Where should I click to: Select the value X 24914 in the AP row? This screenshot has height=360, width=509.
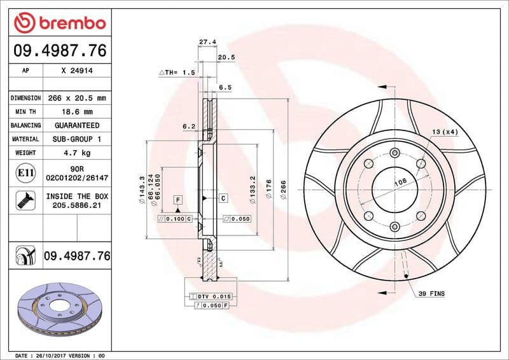click(76, 71)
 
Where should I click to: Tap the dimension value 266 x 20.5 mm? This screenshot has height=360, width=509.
click(76, 98)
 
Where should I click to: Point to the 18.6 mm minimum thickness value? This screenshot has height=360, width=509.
click(76, 111)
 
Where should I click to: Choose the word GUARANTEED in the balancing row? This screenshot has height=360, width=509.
click(76, 125)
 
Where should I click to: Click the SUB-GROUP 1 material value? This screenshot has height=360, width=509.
click(76, 139)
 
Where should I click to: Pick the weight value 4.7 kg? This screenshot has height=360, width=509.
click(76, 153)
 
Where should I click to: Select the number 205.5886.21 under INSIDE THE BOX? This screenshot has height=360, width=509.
click(76, 206)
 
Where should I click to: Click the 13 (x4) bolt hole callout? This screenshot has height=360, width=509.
click(445, 132)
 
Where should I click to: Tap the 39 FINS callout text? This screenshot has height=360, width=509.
click(431, 294)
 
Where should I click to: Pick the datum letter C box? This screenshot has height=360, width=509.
click(223, 198)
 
